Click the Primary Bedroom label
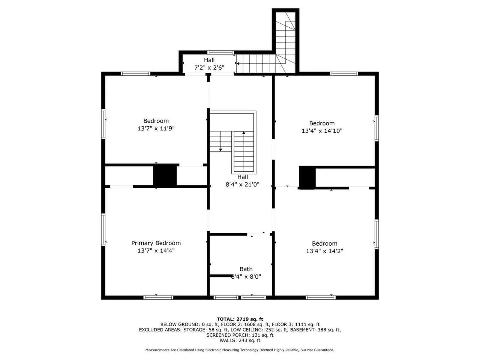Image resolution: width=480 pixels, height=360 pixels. click(156, 243)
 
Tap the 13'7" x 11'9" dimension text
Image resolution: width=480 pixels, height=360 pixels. click(156, 128)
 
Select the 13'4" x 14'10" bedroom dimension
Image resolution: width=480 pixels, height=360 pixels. click(322, 131)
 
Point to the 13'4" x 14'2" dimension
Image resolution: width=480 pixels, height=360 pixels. click(324, 251)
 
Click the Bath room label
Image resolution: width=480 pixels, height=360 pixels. click(246, 269)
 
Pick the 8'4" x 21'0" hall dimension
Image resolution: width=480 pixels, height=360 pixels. click(242, 184)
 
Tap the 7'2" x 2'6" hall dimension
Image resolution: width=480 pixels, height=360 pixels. click(209, 67)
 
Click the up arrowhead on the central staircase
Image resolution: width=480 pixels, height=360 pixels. click(244, 133)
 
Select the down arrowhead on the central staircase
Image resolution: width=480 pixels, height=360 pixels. click(220, 150)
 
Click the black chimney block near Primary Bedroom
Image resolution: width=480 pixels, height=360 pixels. click(165, 175)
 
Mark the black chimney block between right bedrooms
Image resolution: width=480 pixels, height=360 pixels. click(307, 177)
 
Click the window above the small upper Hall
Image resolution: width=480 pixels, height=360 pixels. click(220, 52)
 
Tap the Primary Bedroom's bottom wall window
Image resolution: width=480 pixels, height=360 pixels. click(158, 297)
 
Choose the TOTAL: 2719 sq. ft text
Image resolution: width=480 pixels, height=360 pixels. click(240, 319)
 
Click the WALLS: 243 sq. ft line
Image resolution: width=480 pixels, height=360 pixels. click(240, 340)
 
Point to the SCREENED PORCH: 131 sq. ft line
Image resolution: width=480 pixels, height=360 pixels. click(240, 335)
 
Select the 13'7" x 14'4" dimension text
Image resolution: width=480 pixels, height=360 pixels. click(156, 250)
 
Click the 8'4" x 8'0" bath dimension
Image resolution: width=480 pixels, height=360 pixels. click(246, 277)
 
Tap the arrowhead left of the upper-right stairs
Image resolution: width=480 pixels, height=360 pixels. click(238, 64)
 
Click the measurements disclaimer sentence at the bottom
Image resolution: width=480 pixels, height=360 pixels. click(240, 350)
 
